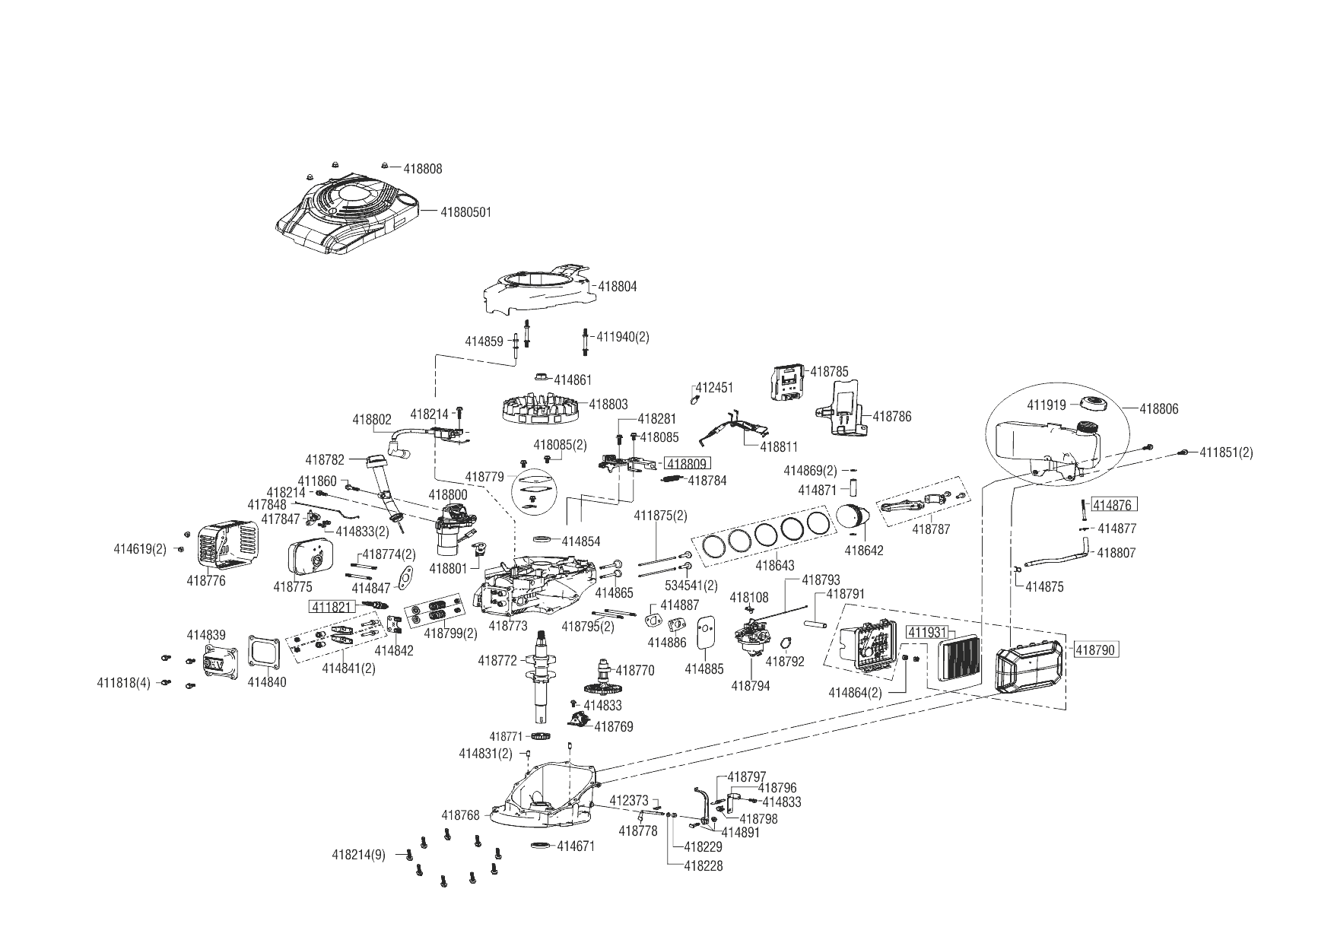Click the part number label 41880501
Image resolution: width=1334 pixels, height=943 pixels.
tap(465, 212)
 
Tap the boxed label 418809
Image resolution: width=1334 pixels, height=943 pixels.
tap(688, 464)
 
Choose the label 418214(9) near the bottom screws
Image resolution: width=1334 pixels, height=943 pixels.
tap(358, 855)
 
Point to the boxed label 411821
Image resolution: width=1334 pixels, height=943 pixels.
tap(331, 606)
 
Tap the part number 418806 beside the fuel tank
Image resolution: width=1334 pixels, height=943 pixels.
tap(1158, 409)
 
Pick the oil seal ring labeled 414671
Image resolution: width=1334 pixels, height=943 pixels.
tap(540, 845)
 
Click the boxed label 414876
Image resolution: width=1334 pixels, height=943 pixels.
tap(1114, 505)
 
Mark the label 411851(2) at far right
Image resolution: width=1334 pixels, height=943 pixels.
tap(1226, 452)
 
